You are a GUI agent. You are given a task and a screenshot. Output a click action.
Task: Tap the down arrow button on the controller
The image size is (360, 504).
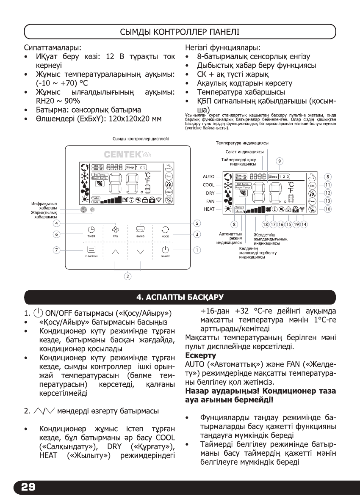click(141, 252)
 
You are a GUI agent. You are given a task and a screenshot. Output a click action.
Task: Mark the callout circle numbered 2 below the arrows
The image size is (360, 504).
click(127, 276)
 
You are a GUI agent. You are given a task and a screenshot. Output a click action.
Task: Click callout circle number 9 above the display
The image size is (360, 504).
click(280, 161)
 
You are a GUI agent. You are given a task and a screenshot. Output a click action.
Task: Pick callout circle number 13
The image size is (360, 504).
click(327, 201)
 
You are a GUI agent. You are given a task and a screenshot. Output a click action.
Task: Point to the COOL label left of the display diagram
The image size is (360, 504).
click(209, 185)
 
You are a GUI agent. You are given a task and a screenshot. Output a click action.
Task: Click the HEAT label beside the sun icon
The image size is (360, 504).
click(209, 209)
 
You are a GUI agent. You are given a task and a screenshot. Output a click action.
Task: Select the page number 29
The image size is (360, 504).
click(25, 487)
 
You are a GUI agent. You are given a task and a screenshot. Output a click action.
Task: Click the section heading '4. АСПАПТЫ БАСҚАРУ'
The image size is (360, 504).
click(180, 295)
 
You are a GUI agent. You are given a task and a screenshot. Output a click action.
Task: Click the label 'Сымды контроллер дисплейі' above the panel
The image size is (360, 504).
click(141, 139)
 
